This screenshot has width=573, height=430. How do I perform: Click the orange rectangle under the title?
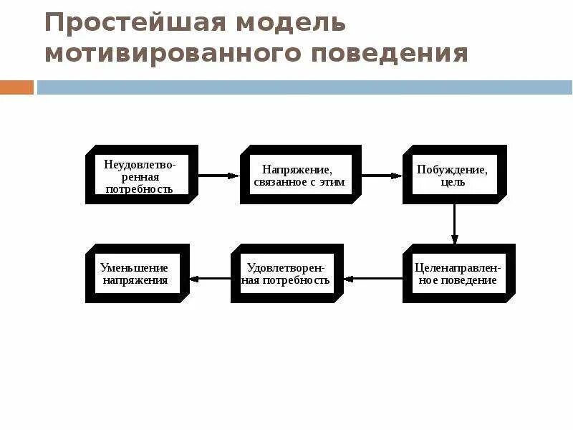pos(16,87)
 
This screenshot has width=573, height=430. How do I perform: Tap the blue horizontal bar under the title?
pos(304,87)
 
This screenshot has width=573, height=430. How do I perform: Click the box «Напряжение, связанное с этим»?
pos(299,174)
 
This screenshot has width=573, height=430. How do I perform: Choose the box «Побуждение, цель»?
pos(453,174)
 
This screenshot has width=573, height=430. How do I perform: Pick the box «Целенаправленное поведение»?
pos(458,273)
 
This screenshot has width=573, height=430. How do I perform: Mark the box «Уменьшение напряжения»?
pos(136,273)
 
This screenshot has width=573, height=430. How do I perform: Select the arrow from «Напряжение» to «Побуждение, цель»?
pos(381,175)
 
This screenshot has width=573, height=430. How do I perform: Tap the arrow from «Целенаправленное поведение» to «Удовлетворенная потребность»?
pos(372,278)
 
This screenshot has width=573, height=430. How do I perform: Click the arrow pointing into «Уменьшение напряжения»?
pos(210,278)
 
